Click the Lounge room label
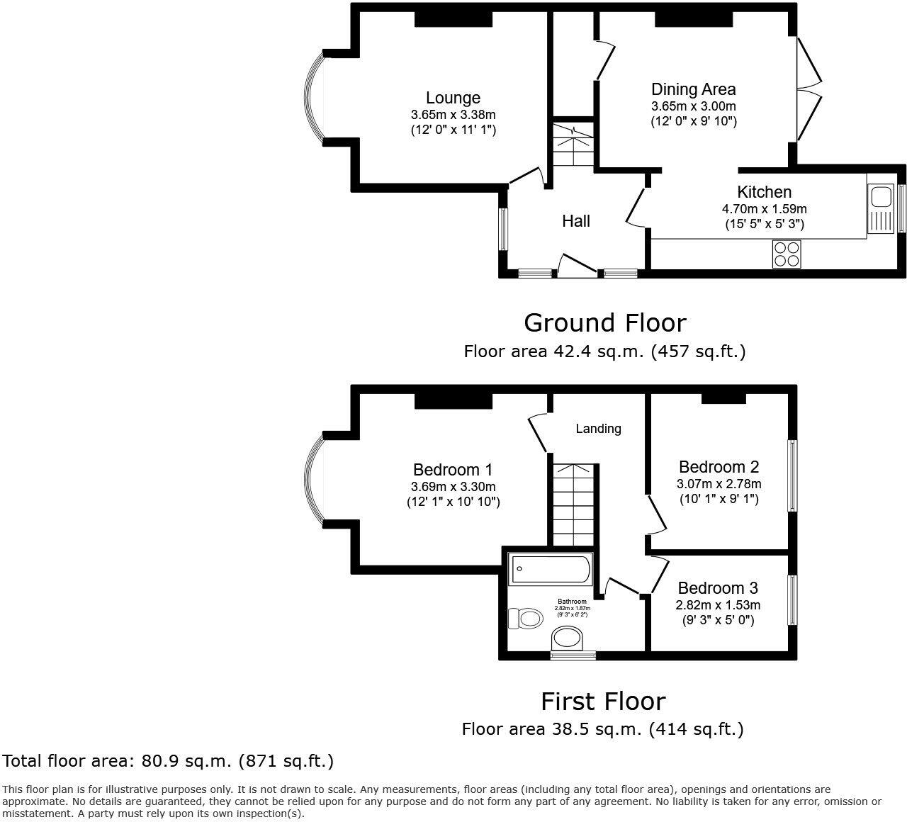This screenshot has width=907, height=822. click(x=453, y=98)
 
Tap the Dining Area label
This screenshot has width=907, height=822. click(x=693, y=89)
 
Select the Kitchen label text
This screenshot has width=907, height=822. click(x=764, y=192)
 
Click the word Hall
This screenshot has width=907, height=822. click(x=576, y=221)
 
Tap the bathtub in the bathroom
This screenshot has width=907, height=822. click(x=550, y=568)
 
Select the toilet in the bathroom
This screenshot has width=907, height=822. click(x=525, y=618)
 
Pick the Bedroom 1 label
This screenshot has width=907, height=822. click(x=453, y=470)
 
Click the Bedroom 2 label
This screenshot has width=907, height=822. click(x=719, y=467)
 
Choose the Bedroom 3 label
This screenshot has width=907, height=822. click(x=718, y=588)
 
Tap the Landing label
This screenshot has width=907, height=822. click(x=598, y=429)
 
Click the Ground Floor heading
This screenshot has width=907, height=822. click(x=604, y=323)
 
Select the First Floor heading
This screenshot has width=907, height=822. click(x=603, y=702)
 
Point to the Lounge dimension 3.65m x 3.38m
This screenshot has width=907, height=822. click(x=453, y=115)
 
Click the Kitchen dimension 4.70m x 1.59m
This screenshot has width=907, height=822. click(x=764, y=209)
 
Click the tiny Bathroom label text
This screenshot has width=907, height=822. click(x=572, y=602)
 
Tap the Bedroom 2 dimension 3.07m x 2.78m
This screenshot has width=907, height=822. click(x=719, y=484)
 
